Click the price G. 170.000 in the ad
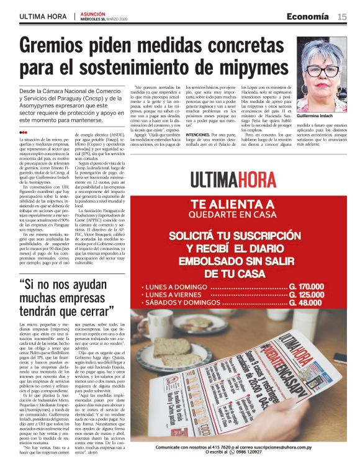pos(307,287)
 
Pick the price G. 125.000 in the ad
pos(307,295)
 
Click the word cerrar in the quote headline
pos(92,310)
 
